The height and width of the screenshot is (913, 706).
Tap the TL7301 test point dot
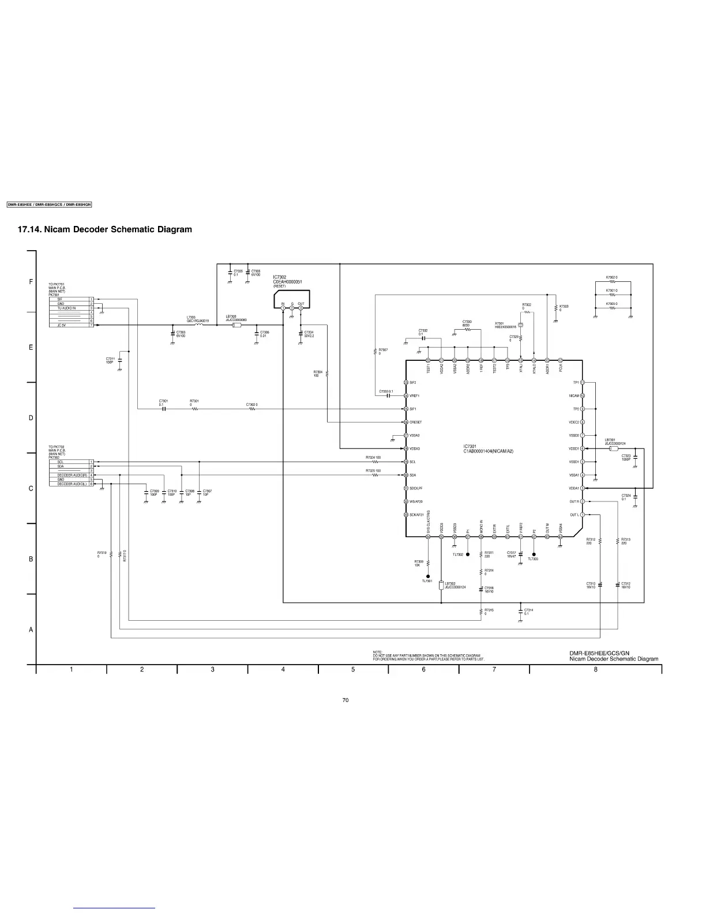428,576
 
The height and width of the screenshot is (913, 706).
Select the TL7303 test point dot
534,554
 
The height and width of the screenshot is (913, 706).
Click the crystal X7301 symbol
520,325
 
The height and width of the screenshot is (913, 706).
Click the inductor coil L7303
199,325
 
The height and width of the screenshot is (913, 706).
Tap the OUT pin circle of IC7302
301,308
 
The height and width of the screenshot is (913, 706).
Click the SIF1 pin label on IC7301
413,409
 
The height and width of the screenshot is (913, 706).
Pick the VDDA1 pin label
574,488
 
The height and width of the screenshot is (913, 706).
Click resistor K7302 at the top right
613,282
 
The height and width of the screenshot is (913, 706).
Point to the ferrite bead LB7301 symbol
613,448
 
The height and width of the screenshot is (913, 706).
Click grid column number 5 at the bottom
353,669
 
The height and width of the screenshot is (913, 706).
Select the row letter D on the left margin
31,418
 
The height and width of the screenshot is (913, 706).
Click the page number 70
346,700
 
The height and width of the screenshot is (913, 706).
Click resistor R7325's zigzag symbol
375,475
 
